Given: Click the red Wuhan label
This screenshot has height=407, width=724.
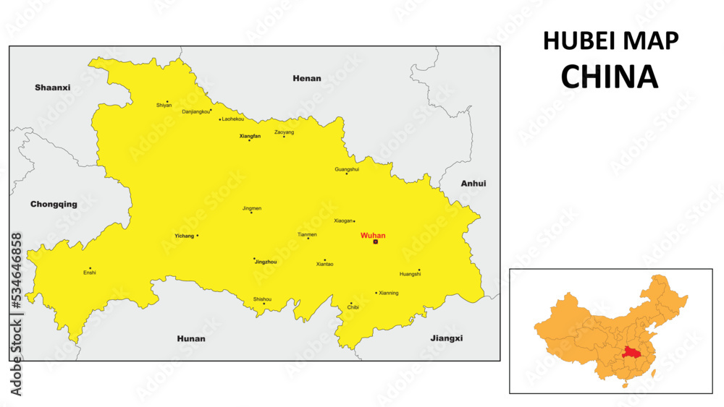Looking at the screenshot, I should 373,235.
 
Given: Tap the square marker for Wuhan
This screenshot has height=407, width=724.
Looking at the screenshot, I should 375,241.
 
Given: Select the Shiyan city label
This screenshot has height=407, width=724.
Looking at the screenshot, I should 164,106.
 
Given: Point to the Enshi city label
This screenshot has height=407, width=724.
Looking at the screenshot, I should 90,273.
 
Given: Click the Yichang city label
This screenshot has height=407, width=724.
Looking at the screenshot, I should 184,236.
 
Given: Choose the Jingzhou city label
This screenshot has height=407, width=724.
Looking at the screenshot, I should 266,262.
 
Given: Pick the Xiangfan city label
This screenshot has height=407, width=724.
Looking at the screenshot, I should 250,135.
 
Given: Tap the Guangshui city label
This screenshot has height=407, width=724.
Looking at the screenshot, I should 347,169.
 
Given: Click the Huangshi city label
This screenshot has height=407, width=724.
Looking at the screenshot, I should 410,274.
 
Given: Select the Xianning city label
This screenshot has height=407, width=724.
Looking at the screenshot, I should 389,293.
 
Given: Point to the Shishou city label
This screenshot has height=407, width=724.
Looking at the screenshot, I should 262,299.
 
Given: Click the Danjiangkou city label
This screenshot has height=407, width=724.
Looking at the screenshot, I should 195,111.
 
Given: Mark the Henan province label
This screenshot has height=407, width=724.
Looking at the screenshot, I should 306,78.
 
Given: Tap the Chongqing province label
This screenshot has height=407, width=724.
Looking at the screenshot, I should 54,204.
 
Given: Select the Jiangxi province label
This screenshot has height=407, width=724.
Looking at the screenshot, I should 446,338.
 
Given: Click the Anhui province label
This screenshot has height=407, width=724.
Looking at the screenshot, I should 473,184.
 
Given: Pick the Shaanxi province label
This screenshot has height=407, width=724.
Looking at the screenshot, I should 53,87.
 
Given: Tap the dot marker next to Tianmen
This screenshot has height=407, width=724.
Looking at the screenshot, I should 308,239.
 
